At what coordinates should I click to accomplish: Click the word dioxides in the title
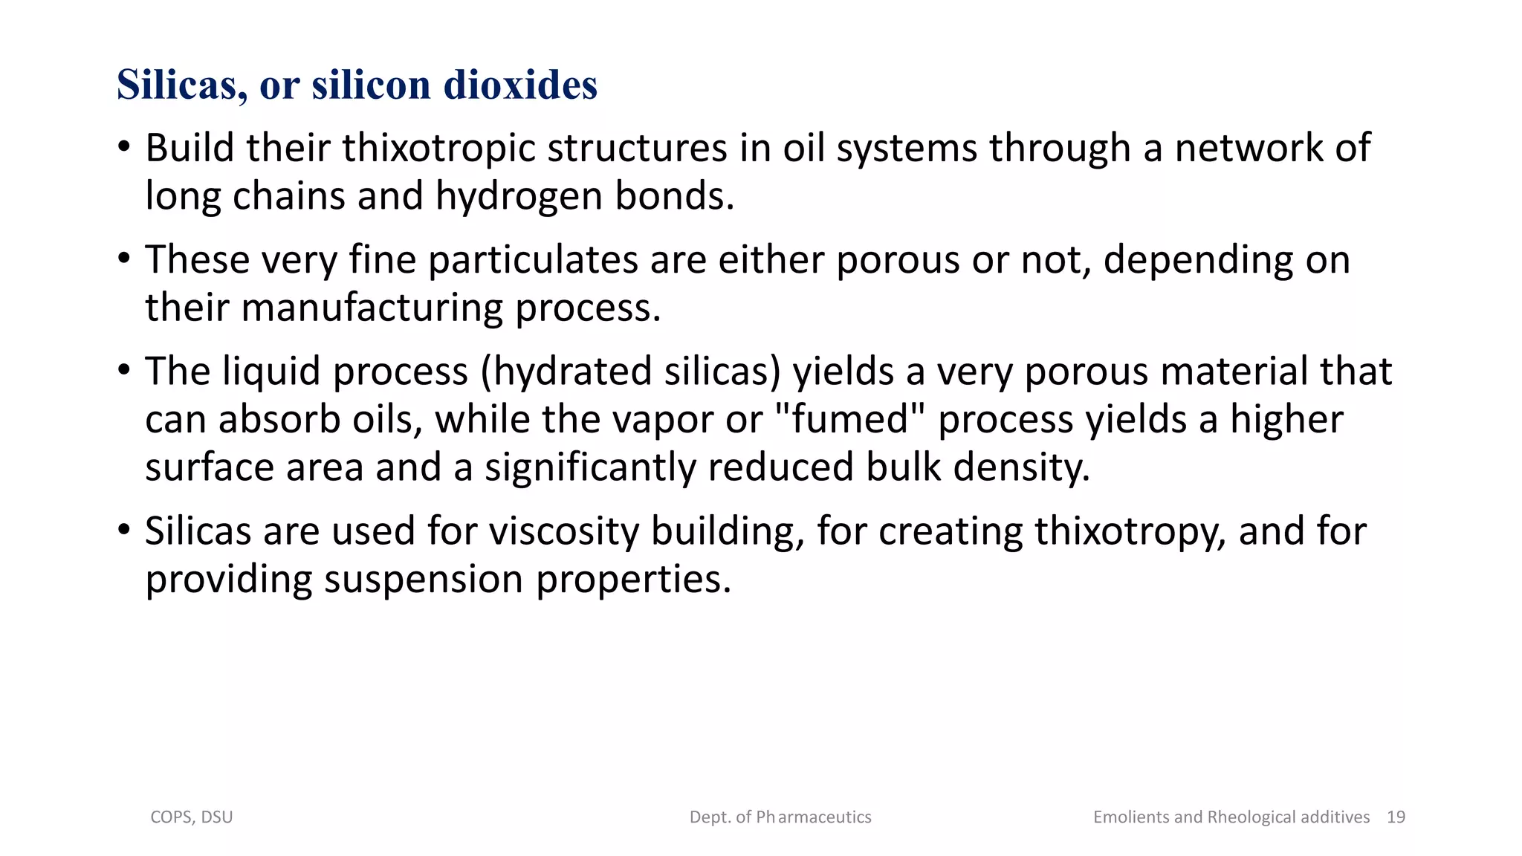[x=520, y=85]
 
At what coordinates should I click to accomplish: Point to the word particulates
[x=533, y=260]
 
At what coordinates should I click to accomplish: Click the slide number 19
[x=1396, y=817]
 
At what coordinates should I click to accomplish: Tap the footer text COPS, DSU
[x=192, y=817]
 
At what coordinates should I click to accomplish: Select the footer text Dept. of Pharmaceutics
[x=780, y=817]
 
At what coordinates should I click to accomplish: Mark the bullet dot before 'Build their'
[x=125, y=146]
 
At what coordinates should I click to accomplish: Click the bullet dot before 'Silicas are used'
[x=125, y=530]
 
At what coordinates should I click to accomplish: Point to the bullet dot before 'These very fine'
[x=125, y=259]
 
